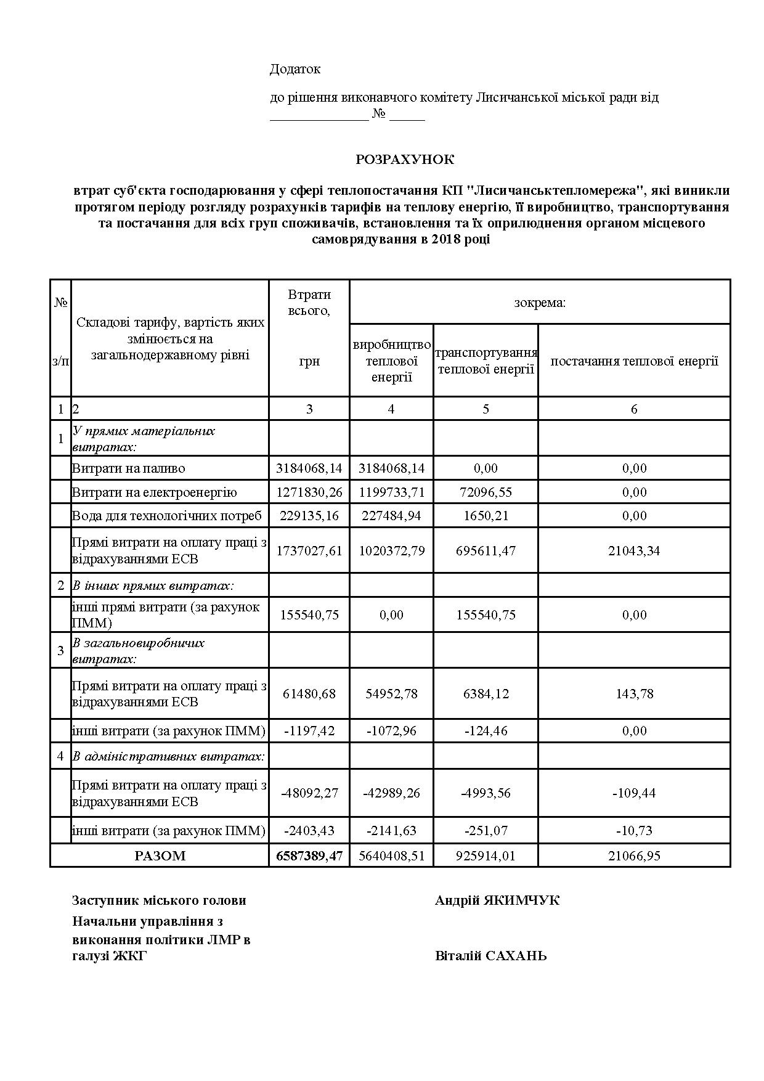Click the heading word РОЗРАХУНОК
(405, 160)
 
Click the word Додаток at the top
(295, 69)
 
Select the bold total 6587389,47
(309, 855)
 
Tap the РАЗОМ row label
(160, 855)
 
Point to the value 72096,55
(486, 492)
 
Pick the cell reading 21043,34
(634, 550)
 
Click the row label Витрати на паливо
(129, 468)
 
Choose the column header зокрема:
(540, 303)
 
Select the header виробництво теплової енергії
(391, 361)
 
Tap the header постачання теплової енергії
(634, 361)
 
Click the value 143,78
(634, 693)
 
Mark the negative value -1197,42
(309, 731)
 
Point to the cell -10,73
(634, 830)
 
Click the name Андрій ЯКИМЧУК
(497, 900)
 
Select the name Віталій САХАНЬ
(490, 956)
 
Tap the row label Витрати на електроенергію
(155, 492)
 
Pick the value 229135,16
(309, 515)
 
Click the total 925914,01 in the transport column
(486, 855)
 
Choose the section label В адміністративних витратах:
(169, 756)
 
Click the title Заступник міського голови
(159, 900)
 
